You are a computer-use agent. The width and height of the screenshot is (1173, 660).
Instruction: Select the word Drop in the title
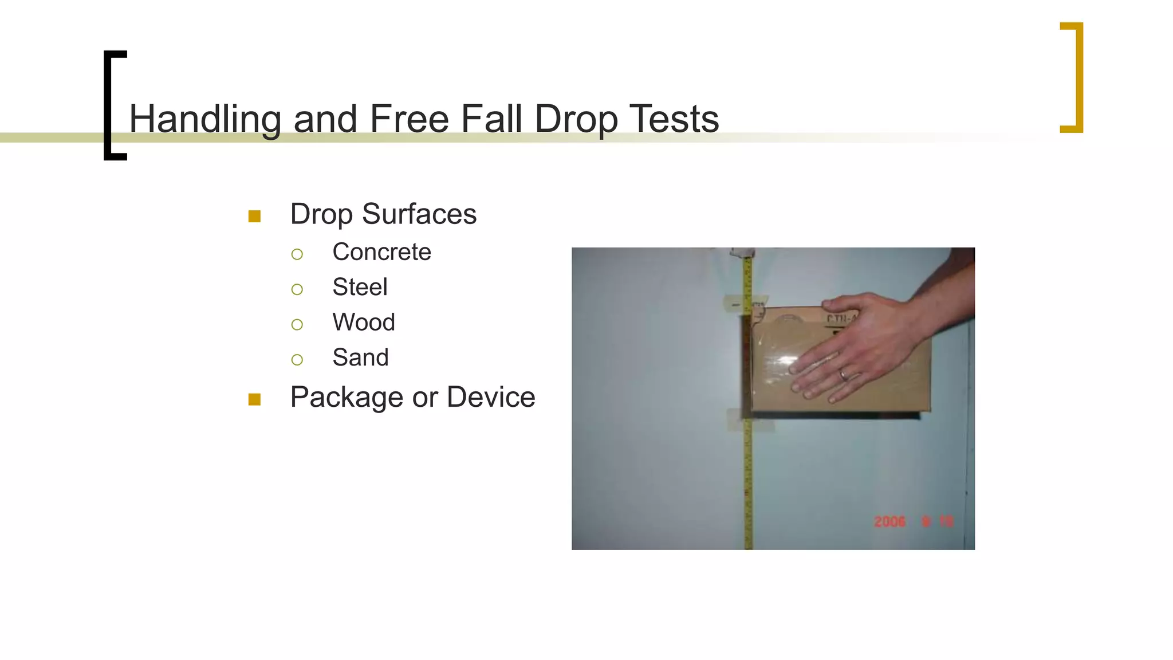(x=576, y=120)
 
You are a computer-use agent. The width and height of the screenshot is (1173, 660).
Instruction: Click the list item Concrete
(x=381, y=252)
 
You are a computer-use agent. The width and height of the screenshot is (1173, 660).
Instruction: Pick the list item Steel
(x=360, y=287)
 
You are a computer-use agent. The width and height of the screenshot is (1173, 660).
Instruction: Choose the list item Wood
(x=364, y=323)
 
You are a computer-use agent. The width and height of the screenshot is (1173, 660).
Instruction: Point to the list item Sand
(x=360, y=357)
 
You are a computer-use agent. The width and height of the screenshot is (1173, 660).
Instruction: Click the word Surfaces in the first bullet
(x=419, y=214)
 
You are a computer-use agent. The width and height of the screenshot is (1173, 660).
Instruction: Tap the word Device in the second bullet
(x=491, y=397)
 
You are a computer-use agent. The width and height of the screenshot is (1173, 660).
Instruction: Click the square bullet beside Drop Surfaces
(x=254, y=217)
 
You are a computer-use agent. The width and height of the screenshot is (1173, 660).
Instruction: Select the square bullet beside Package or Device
(x=254, y=399)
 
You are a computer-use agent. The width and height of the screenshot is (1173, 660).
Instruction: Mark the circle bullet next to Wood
(x=297, y=325)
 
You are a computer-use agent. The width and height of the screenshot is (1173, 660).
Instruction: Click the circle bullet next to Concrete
(x=297, y=254)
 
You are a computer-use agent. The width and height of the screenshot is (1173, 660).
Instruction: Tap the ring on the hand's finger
(x=843, y=375)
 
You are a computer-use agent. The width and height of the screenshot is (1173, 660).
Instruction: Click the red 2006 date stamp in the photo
(x=889, y=521)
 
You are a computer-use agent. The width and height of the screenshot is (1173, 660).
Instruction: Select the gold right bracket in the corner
(x=1072, y=77)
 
